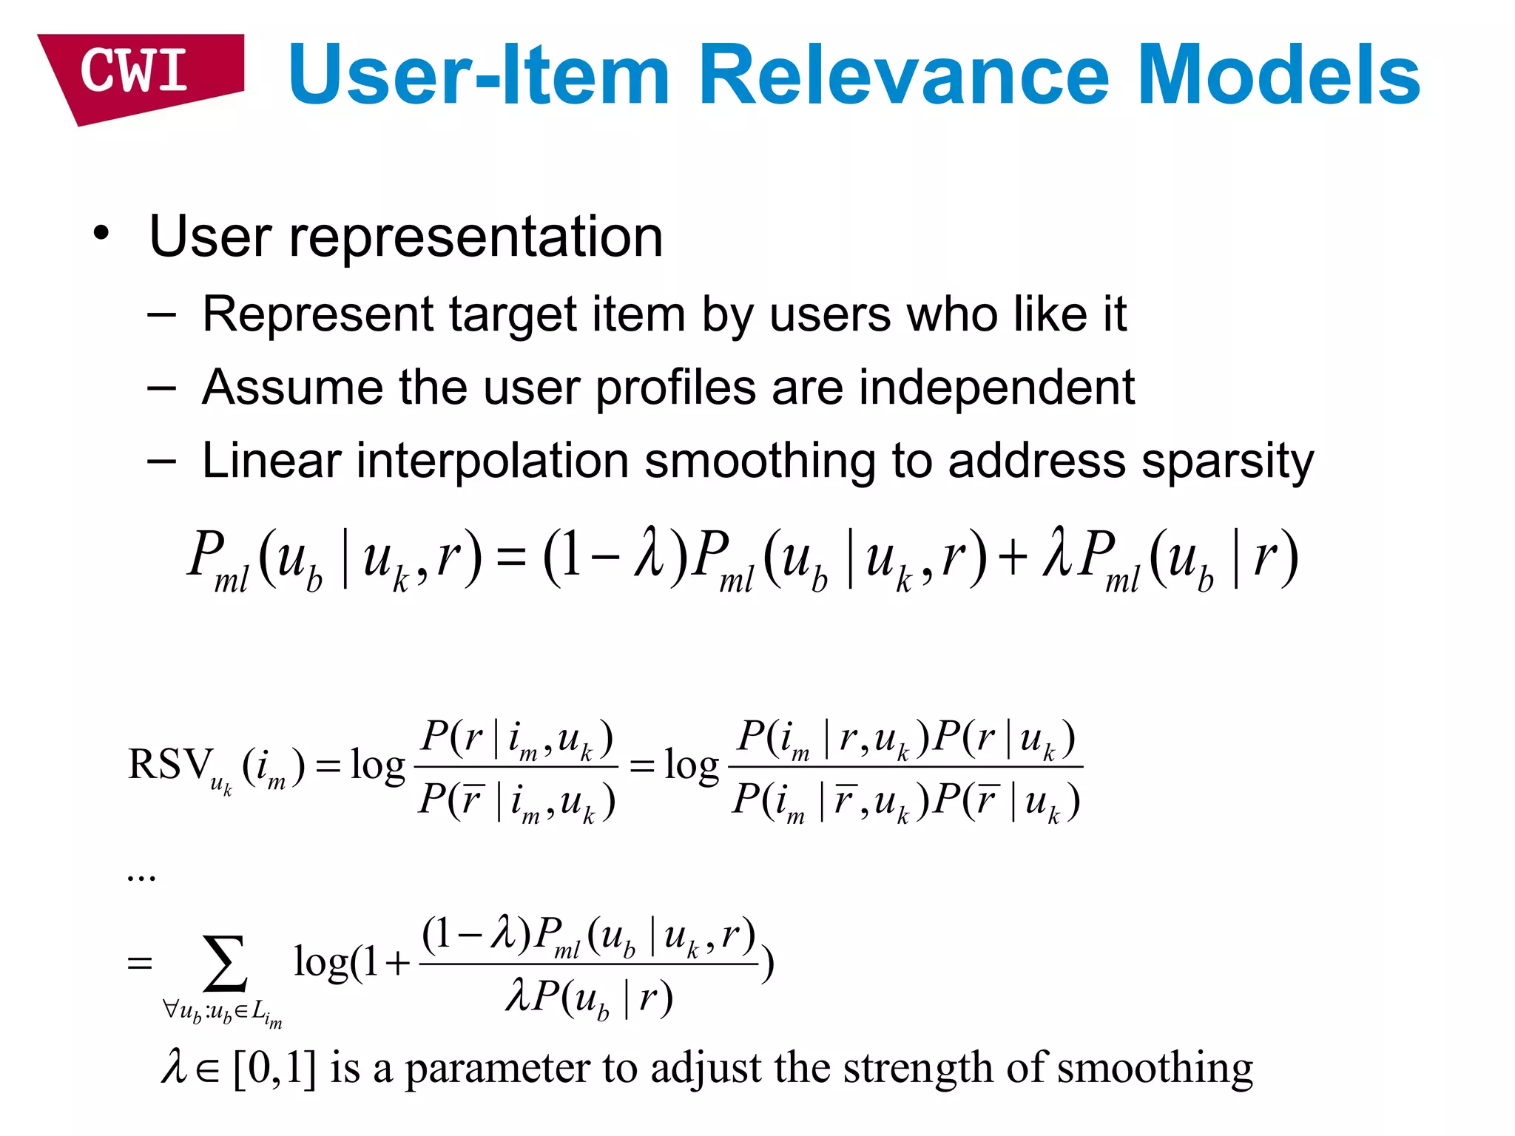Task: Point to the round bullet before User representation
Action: tap(101, 234)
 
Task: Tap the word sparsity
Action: tap(1227, 461)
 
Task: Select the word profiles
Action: tap(676, 388)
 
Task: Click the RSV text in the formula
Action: tap(169, 765)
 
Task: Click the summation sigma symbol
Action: tap(225, 963)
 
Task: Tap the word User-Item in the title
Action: tap(478, 75)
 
